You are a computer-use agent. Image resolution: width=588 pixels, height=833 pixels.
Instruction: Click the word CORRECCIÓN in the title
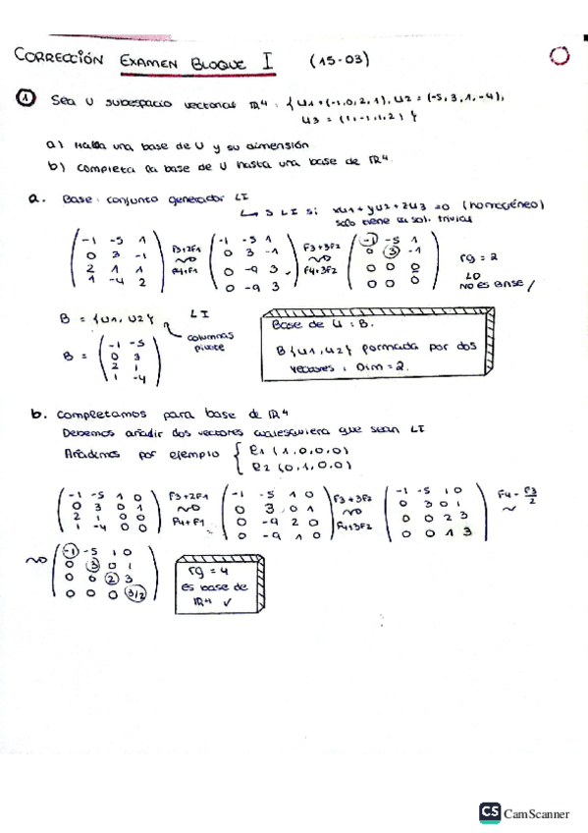(59, 58)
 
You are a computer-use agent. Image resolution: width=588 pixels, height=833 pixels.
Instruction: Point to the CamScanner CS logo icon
(490, 812)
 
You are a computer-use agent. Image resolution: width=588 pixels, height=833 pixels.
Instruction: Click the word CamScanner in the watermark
(537, 813)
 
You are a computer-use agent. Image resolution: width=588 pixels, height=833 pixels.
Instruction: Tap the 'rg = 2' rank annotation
(478, 257)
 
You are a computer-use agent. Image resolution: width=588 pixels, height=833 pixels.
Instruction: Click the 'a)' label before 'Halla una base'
(53, 143)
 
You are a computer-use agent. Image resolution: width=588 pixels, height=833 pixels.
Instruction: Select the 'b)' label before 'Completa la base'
(54, 166)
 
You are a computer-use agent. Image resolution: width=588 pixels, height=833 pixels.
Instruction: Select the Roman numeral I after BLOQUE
(267, 59)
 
